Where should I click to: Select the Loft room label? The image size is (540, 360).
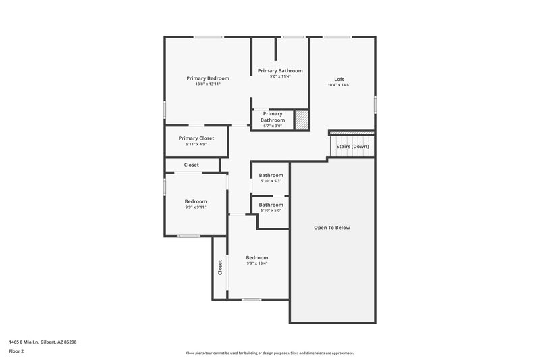pos(339,79)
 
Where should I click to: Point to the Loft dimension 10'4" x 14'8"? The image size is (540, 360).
pos(339,85)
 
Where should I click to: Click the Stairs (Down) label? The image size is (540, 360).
pos(352,146)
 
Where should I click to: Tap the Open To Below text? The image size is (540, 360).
pos(332,228)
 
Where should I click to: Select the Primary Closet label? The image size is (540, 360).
pos(196,138)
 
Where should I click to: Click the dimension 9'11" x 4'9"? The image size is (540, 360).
pos(196,144)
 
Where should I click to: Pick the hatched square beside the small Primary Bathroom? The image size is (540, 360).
pos(302,119)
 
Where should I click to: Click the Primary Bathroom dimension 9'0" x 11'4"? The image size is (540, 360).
pos(279,76)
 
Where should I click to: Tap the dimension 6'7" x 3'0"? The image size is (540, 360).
pos(272,126)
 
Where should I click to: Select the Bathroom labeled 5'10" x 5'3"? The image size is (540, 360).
pos(271,176)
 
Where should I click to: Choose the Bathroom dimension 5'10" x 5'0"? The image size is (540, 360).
pos(271,211)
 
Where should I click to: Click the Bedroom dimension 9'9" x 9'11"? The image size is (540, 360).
pos(196,207)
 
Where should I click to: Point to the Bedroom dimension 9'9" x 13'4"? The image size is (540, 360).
pos(256,263)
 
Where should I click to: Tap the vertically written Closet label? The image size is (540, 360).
pos(220,267)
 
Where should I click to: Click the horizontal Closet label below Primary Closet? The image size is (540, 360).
pos(192,165)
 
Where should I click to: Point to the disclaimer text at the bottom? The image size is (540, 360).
pos(269,353)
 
